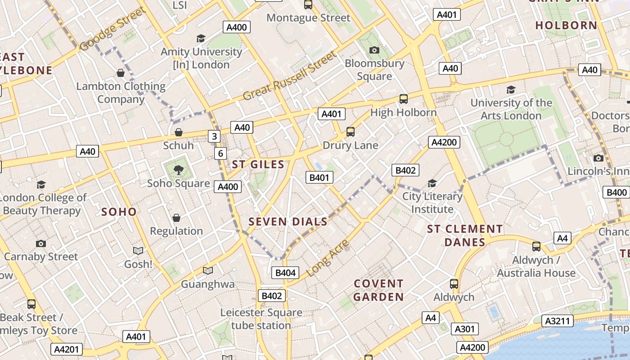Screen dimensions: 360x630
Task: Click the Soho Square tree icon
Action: click(x=179, y=170)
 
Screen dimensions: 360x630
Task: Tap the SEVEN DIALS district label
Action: click(x=288, y=221)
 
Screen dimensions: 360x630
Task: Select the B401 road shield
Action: click(x=319, y=177)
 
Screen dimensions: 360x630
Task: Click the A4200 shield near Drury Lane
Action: click(x=444, y=142)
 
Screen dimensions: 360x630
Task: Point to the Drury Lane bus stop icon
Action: click(x=351, y=132)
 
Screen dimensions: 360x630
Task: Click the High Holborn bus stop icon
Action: click(x=404, y=99)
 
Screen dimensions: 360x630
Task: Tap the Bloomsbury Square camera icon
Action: click(x=374, y=50)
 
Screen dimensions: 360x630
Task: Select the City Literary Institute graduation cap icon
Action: click(x=432, y=183)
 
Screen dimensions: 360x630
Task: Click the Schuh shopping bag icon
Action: click(x=179, y=132)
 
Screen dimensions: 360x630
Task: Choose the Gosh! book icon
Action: click(x=138, y=251)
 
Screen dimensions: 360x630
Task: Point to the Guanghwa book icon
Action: click(x=207, y=270)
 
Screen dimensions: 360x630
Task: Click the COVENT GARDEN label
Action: click(x=378, y=290)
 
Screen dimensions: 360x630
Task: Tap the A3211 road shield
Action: click(x=558, y=321)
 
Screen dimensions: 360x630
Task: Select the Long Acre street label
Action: click(x=328, y=258)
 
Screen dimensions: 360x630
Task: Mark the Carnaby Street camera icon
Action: click(x=41, y=243)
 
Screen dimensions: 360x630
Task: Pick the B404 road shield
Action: click(x=285, y=272)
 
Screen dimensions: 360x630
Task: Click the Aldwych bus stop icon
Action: click(x=454, y=284)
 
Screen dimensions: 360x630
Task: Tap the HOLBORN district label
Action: click(x=566, y=25)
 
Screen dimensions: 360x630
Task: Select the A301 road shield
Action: click(x=464, y=329)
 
